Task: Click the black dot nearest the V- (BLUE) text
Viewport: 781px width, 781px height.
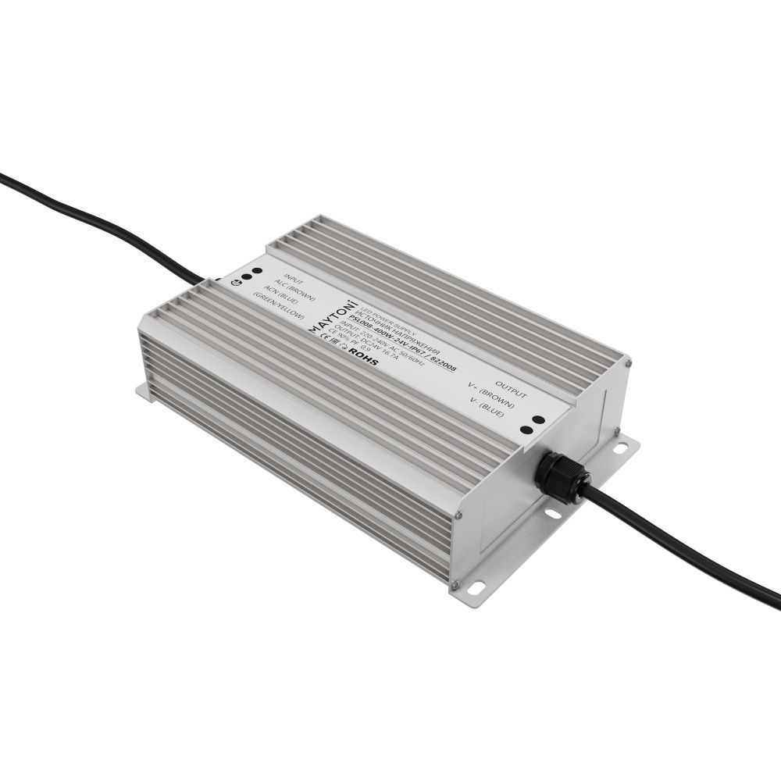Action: [527, 430]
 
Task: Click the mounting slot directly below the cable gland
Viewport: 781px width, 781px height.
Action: [552, 513]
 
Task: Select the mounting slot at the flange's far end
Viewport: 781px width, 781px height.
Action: [620, 448]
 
